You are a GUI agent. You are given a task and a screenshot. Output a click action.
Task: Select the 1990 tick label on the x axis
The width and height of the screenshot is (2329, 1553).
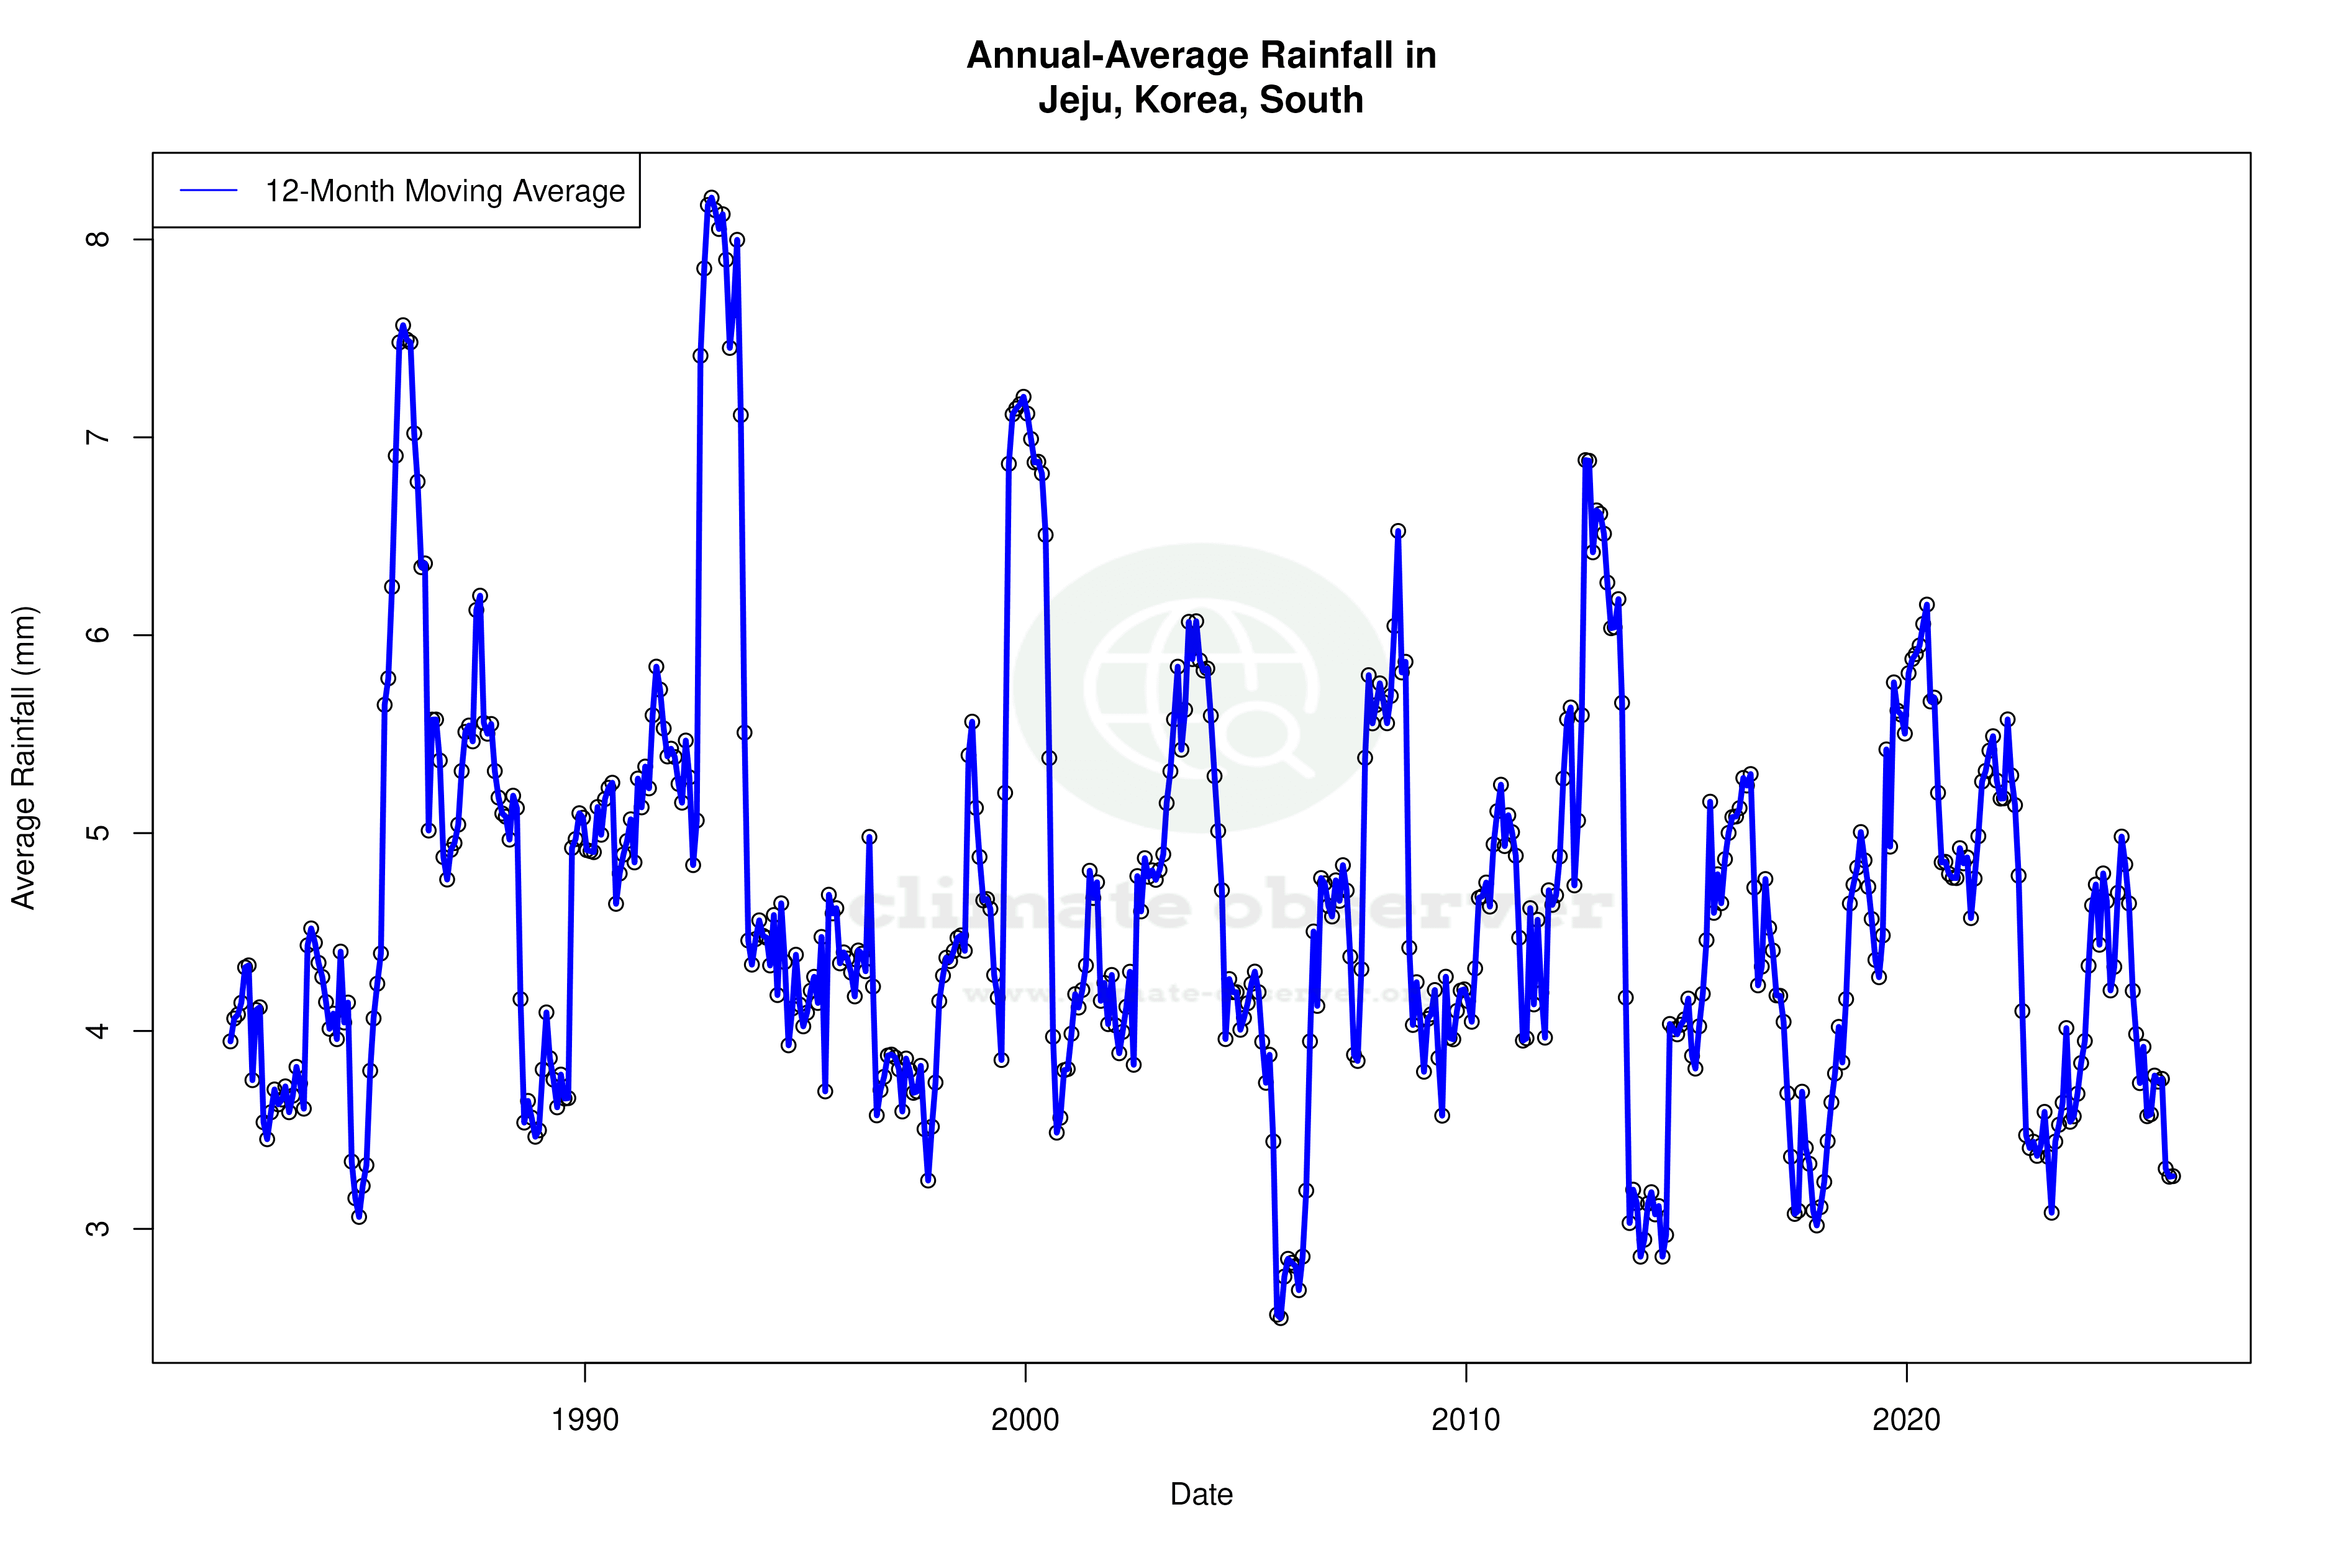click(584, 1419)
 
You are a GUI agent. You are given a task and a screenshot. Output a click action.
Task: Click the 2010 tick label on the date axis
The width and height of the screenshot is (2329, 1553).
click(1466, 1419)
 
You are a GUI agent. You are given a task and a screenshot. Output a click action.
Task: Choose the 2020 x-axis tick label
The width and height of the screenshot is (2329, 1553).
click(1906, 1419)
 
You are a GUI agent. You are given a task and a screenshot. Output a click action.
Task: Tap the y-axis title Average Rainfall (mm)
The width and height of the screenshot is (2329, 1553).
click(24, 758)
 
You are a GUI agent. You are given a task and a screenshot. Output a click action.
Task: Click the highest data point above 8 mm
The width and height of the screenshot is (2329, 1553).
click(711, 198)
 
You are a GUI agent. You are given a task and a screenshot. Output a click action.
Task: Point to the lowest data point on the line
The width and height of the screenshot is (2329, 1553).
click(1281, 1318)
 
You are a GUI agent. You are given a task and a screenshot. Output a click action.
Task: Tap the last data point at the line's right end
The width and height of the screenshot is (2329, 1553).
click(2172, 1176)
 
